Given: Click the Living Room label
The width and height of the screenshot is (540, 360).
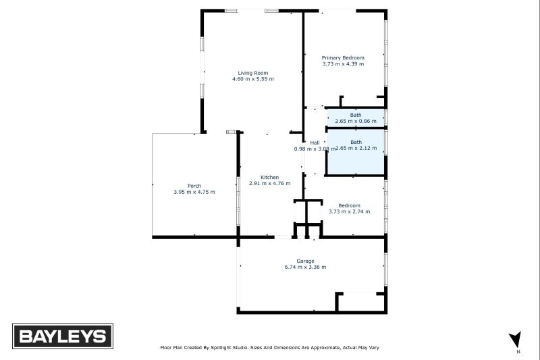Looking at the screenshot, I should pyautogui.click(x=253, y=73).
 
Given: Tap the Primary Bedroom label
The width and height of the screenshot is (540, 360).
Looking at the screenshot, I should pyautogui.click(x=343, y=58).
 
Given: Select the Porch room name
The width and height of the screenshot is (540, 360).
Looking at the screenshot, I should pyautogui.click(x=194, y=186).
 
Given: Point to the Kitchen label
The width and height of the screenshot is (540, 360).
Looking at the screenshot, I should pyautogui.click(x=270, y=177).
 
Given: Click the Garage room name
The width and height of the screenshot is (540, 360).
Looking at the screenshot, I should pyautogui.click(x=305, y=261).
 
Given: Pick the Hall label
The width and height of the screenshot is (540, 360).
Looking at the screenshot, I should pyautogui.click(x=315, y=143).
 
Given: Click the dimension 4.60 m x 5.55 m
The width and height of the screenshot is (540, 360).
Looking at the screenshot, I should pyautogui.click(x=253, y=79).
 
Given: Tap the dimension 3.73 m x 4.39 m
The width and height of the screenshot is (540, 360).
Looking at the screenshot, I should pyautogui.click(x=343, y=64).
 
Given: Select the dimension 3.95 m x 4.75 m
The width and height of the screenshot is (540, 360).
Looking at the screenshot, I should pyautogui.click(x=194, y=192).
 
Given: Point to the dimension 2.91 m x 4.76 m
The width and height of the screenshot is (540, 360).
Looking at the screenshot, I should pyautogui.click(x=270, y=183).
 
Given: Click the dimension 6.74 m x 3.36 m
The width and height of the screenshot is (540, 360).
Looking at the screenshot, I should pyautogui.click(x=305, y=267).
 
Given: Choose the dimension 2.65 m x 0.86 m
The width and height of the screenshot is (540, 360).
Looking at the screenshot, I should pyautogui.click(x=356, y=121).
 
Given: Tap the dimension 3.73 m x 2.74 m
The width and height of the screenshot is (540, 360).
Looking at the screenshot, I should pyautogui.click(x=349, y=211).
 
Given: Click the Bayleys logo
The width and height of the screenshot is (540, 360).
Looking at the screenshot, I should pyautogui.click(x=63, y=336).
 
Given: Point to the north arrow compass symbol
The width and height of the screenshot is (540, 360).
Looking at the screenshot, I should pyautogui.click(x=516, y=339).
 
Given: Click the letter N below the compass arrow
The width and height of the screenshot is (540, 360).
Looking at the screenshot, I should pyautogui.click(x=517, y=353).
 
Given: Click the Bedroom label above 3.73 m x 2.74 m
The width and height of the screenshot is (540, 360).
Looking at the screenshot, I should pyautogui.click(x=349, y=205).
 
